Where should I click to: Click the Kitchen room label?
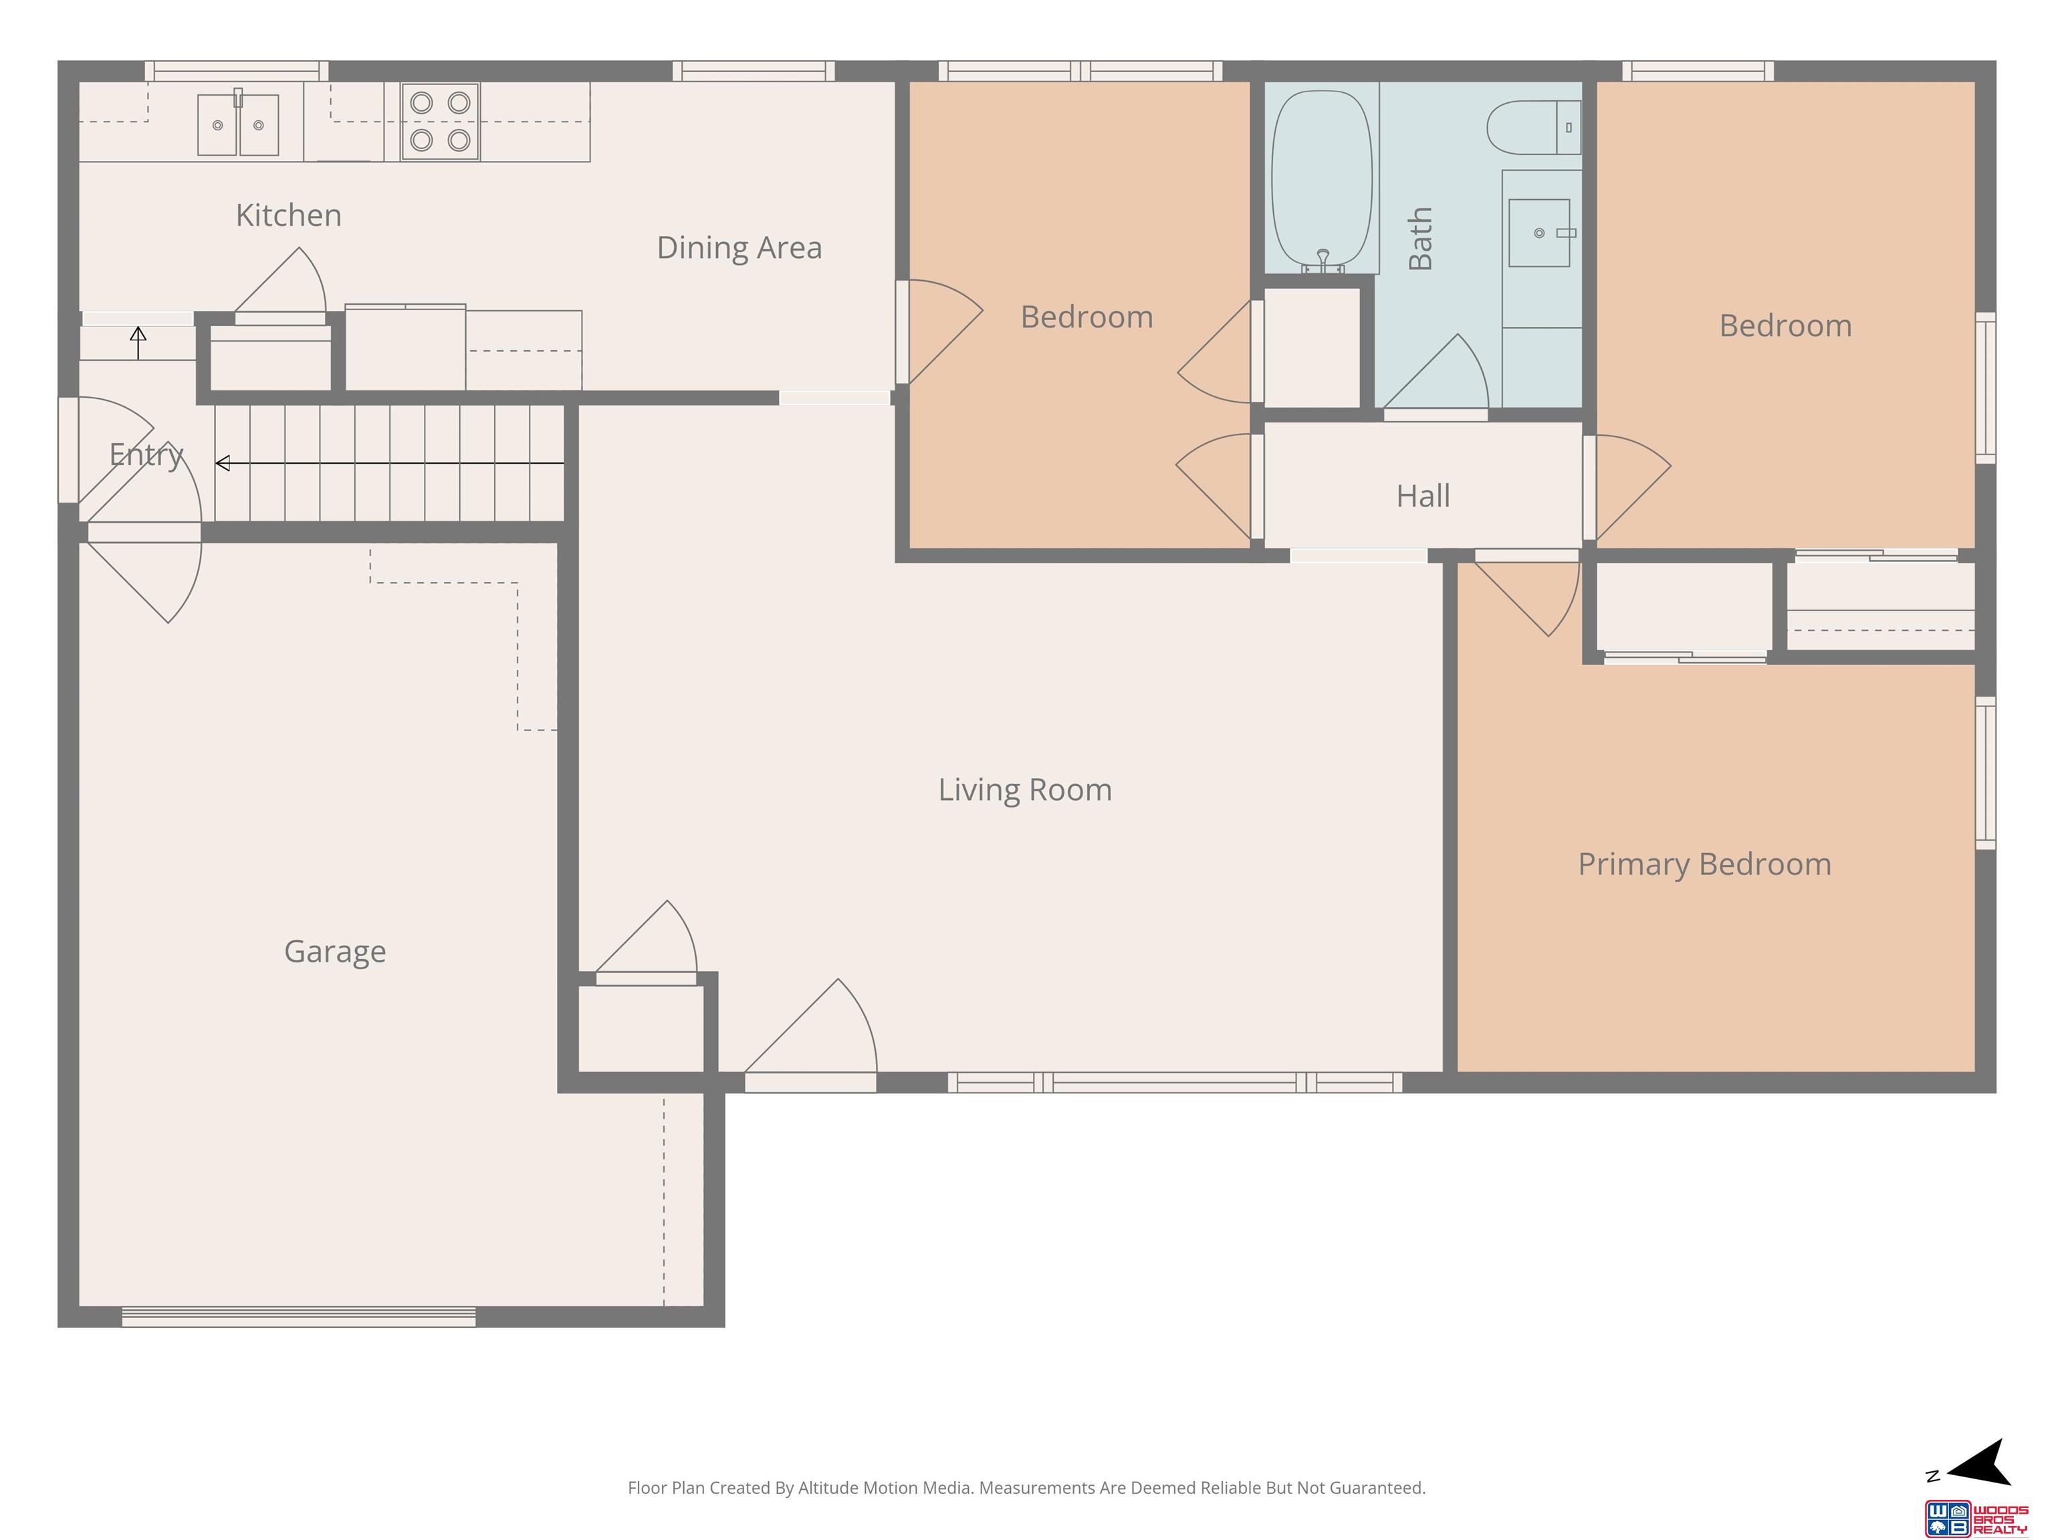click(x=289, y=215)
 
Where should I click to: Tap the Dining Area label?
click(x=739, y=248)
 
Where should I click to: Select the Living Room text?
click(x=1025, y=790)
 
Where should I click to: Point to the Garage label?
click(x=335, y=952)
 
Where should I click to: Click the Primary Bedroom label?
click(x=1705, y=865)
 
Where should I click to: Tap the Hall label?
click(x=1423, y=496)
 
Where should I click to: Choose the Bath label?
click(x=1421, y=239)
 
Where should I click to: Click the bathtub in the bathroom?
click(x=1321, y=180)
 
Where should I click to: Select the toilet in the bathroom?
click(x=1534, y=127)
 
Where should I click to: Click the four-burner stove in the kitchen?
click(x=440, y=122)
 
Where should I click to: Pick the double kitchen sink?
click(x=238, y=124)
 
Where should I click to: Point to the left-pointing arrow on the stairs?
click(x=390, y=463)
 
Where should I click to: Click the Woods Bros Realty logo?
click(x=1975, y=1519)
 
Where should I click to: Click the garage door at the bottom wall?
click(x=299, y=1316)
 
